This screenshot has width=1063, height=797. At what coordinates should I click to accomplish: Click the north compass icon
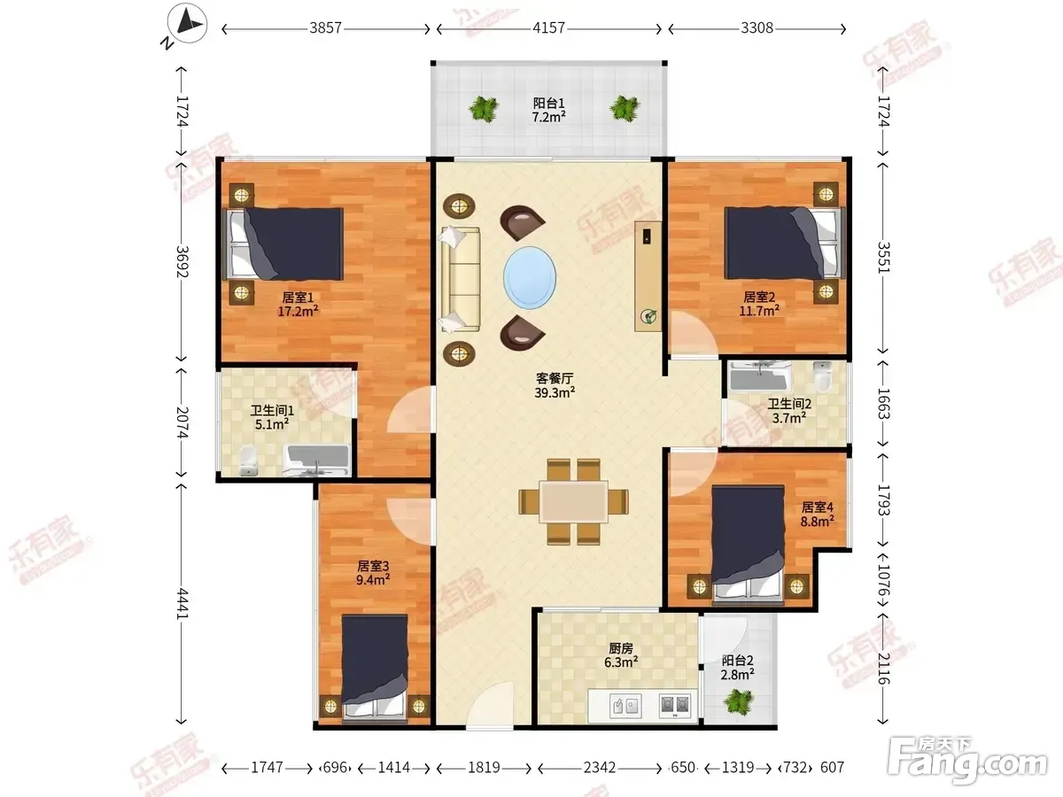[x=187, y=23]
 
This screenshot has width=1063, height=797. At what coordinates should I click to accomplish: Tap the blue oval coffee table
[x=530, y=278]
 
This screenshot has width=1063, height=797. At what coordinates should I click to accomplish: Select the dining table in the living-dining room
[x=574, y=501]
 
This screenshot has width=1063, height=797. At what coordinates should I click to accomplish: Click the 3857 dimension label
[x=325, y=28]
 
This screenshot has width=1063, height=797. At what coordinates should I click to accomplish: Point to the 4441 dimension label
[x=182, y=603]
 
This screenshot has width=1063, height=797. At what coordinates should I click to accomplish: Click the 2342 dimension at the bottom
[x=600, y=768]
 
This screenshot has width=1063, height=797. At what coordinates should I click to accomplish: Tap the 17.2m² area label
[x=298, y=311]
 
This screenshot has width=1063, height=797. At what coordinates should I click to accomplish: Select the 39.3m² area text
[x=555, y=392]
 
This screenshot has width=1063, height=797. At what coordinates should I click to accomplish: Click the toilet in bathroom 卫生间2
[x=822, y=376]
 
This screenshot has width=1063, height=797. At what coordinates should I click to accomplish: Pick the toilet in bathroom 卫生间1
[x=248, y=460]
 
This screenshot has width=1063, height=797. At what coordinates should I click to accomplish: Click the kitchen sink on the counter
[x=625, y=705]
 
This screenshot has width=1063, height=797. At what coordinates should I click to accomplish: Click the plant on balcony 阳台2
[x=739, y=702]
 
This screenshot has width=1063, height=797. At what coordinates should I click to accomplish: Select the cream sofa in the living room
[x=460, y=279]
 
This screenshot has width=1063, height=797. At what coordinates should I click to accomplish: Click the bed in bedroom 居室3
[x=375, y=667]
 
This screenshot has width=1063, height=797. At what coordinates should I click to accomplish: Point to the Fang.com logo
[x=966, y=762]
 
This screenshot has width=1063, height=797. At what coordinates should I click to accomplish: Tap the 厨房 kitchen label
[x=621, y=648]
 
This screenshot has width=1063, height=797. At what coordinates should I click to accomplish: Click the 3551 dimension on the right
[x=884, y=257]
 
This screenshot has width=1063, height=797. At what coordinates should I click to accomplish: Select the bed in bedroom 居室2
[x=785, y=243]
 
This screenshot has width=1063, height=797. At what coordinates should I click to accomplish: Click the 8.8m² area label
[x=818, y=522]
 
